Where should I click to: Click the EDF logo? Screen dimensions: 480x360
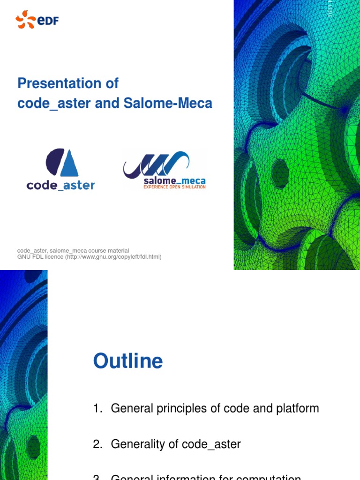(x=37, y=20)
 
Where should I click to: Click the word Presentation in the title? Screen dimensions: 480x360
(x=52, y=83)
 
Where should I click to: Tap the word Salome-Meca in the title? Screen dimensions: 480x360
(x=168, y=104)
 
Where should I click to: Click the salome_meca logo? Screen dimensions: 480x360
(x=164, y=169)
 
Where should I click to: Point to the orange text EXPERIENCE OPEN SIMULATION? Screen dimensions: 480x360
(x=174, y=187)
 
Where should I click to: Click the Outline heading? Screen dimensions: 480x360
(x=128, y=361)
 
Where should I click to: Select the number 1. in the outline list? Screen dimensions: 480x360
(x=97, y=408)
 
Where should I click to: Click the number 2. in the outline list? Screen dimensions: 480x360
(x=97, y=444)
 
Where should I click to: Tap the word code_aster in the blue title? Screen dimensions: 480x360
(x=54, y=104)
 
